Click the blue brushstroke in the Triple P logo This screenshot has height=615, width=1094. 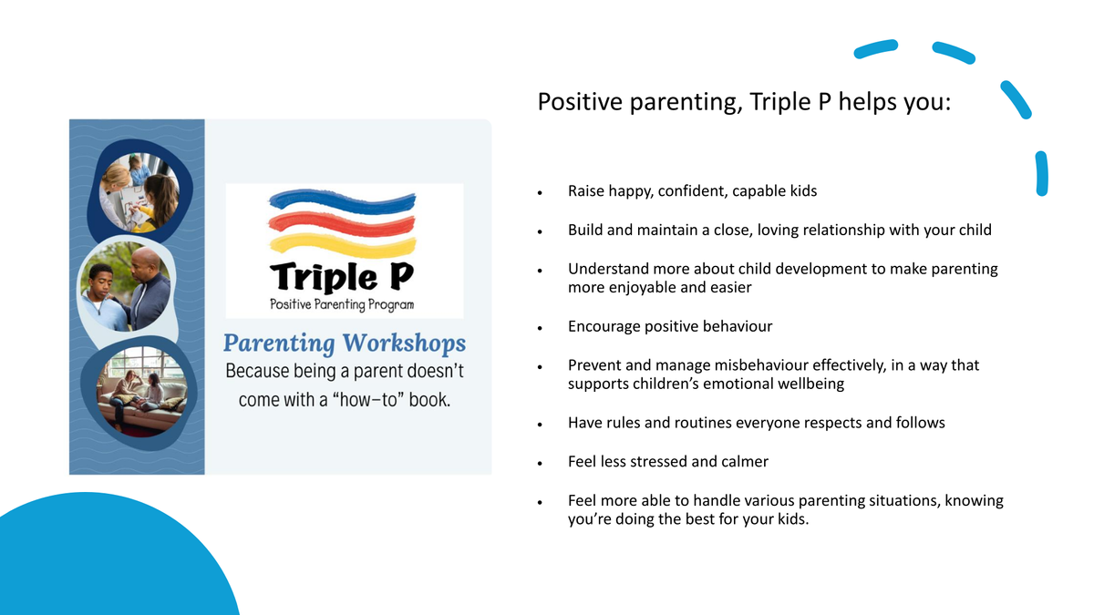coord(342,202)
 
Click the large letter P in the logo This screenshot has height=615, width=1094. coord(400,276)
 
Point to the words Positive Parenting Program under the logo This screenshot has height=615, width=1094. coord(342,304)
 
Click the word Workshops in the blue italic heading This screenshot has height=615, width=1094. coord(404,343)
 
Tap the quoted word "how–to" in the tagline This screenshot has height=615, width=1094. coord(368,400)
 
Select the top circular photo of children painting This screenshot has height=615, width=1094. coord(139,192)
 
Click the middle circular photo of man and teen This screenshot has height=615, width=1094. coord(126,286)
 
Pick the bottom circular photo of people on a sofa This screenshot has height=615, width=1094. coord(142,391)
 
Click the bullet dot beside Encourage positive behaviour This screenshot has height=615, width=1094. coord(540,329)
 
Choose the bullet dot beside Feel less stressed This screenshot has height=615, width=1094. coord(540,464)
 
